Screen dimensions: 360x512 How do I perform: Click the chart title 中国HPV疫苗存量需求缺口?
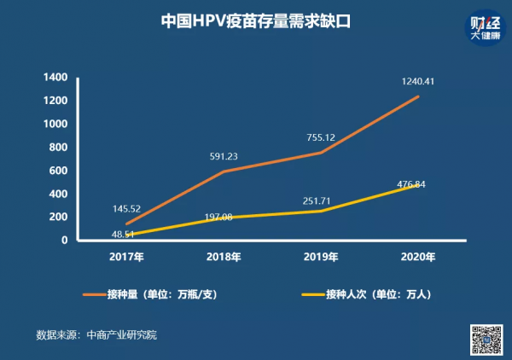[256, 20]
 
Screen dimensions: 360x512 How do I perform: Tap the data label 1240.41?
[418, 82]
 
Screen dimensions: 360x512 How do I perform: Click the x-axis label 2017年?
[127, 256]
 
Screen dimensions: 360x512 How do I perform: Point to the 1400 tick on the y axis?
[54, 78]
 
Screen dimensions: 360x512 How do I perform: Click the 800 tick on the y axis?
[56, 148]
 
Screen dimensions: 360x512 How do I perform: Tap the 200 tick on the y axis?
[56, 217]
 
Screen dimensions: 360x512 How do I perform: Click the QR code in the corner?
[486, 340]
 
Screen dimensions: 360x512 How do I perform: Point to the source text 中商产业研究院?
[121, 335]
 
